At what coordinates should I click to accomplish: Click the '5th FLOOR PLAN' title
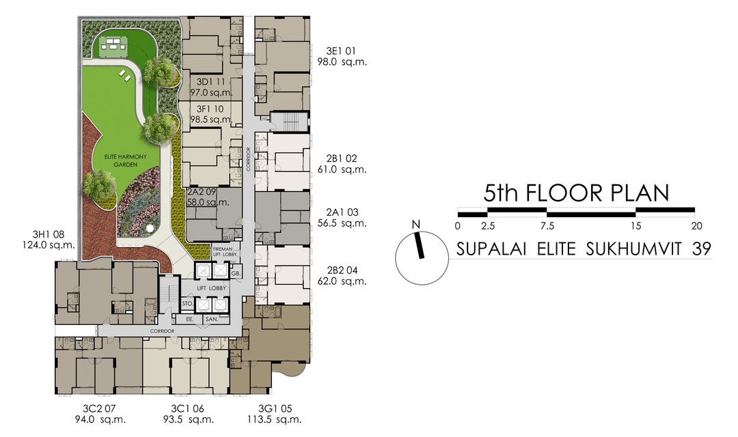(x=576, y=193)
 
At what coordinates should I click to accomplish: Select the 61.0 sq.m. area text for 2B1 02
(x=342, y=169)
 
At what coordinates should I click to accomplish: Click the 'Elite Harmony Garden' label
(x=122, y=160)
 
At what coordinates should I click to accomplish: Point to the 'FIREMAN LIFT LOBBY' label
(x=226, y=252)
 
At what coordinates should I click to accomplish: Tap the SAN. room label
(x=212, y=318)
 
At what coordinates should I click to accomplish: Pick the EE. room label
(x=188, y=318)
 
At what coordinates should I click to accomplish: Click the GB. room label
(x=236, y=273)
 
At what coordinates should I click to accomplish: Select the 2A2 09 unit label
(x=203, y=193)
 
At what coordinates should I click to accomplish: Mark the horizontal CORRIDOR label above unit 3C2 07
(x=159, y=331)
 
